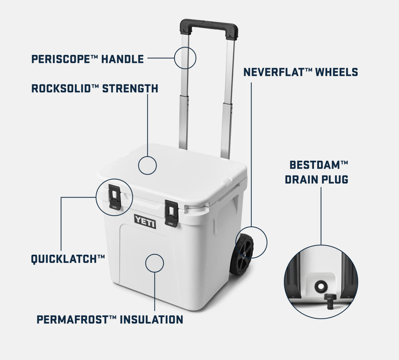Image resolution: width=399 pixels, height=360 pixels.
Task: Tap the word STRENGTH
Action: [130, 89]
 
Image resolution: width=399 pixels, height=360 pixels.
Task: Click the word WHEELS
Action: [337, 72]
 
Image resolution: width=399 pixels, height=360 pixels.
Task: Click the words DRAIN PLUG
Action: [316, 179]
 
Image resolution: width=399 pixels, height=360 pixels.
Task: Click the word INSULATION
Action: [152, 319]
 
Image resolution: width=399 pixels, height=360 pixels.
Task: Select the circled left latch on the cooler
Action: [115, 197]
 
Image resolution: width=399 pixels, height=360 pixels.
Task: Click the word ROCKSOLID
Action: [61, 89]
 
